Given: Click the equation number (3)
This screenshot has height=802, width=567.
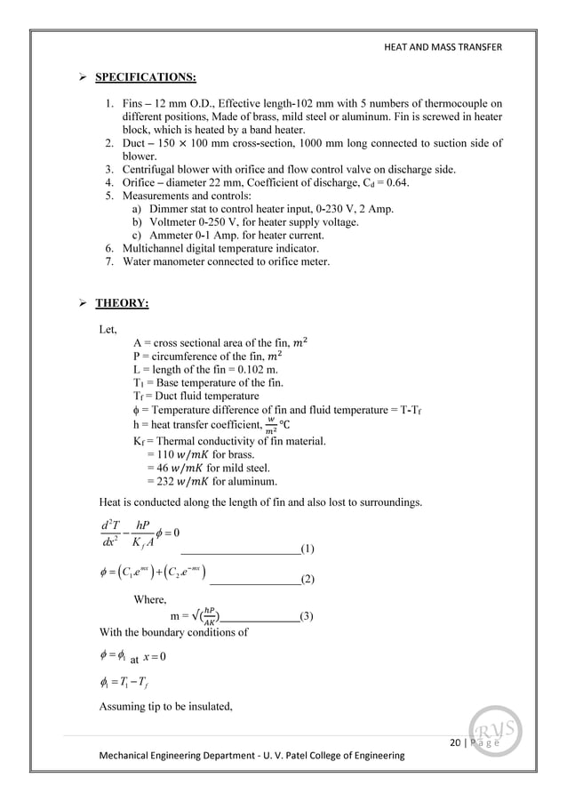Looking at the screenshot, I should coord(306,616).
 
